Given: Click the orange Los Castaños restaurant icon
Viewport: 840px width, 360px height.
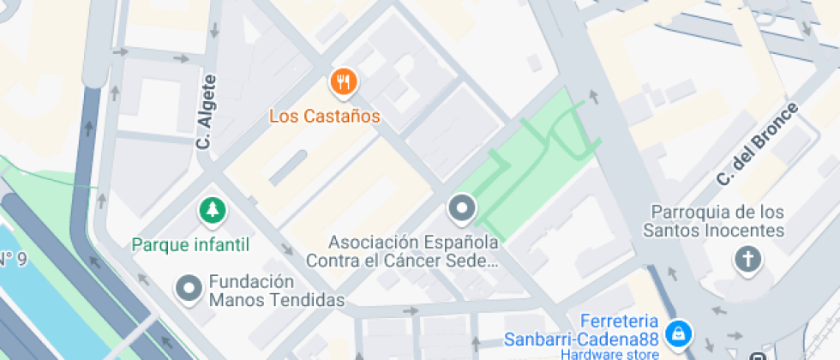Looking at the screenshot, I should tap(344, 83).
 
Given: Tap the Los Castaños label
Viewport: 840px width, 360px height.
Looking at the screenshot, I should tap(324, 115).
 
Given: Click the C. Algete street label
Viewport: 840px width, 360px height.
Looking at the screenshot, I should tap(207, 111).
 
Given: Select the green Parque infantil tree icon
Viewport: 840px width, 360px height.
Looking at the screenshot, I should tap(211, 209).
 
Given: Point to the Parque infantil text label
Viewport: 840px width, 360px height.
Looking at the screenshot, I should tap(190, 245).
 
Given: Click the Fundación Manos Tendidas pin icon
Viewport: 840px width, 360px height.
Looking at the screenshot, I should tap(188, 289).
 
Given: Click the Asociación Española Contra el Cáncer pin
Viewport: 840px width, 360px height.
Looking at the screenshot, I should tap(462, 208).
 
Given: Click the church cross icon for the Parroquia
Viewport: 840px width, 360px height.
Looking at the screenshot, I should tap(748, 259).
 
